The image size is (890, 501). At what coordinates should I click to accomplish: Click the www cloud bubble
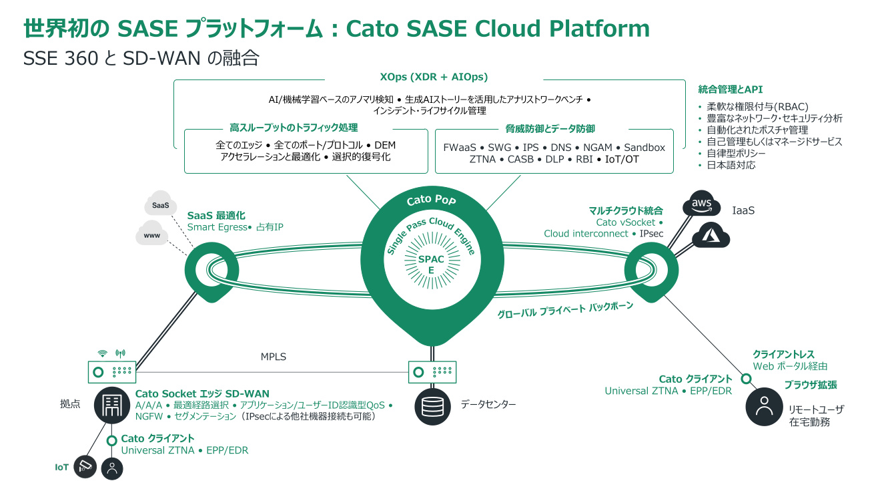point(151,236)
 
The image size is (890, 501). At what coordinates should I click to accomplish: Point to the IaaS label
point(743,210)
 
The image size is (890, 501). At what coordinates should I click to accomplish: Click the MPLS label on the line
point(274,357)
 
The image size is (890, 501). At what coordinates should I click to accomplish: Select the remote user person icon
point(763,407)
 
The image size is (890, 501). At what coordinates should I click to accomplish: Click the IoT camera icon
point(85,467)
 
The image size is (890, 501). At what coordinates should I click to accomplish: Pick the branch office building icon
point(111,405)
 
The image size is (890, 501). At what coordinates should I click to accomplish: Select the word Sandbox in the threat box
point(644,148)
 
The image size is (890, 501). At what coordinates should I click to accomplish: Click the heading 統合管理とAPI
point(730,89)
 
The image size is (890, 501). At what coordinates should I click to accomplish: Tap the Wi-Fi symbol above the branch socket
point(103,353)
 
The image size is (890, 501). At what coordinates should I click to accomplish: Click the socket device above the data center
point(432,372)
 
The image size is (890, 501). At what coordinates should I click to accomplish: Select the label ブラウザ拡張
point(811,385)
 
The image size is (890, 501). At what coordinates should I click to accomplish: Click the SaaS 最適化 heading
point(216,216)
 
